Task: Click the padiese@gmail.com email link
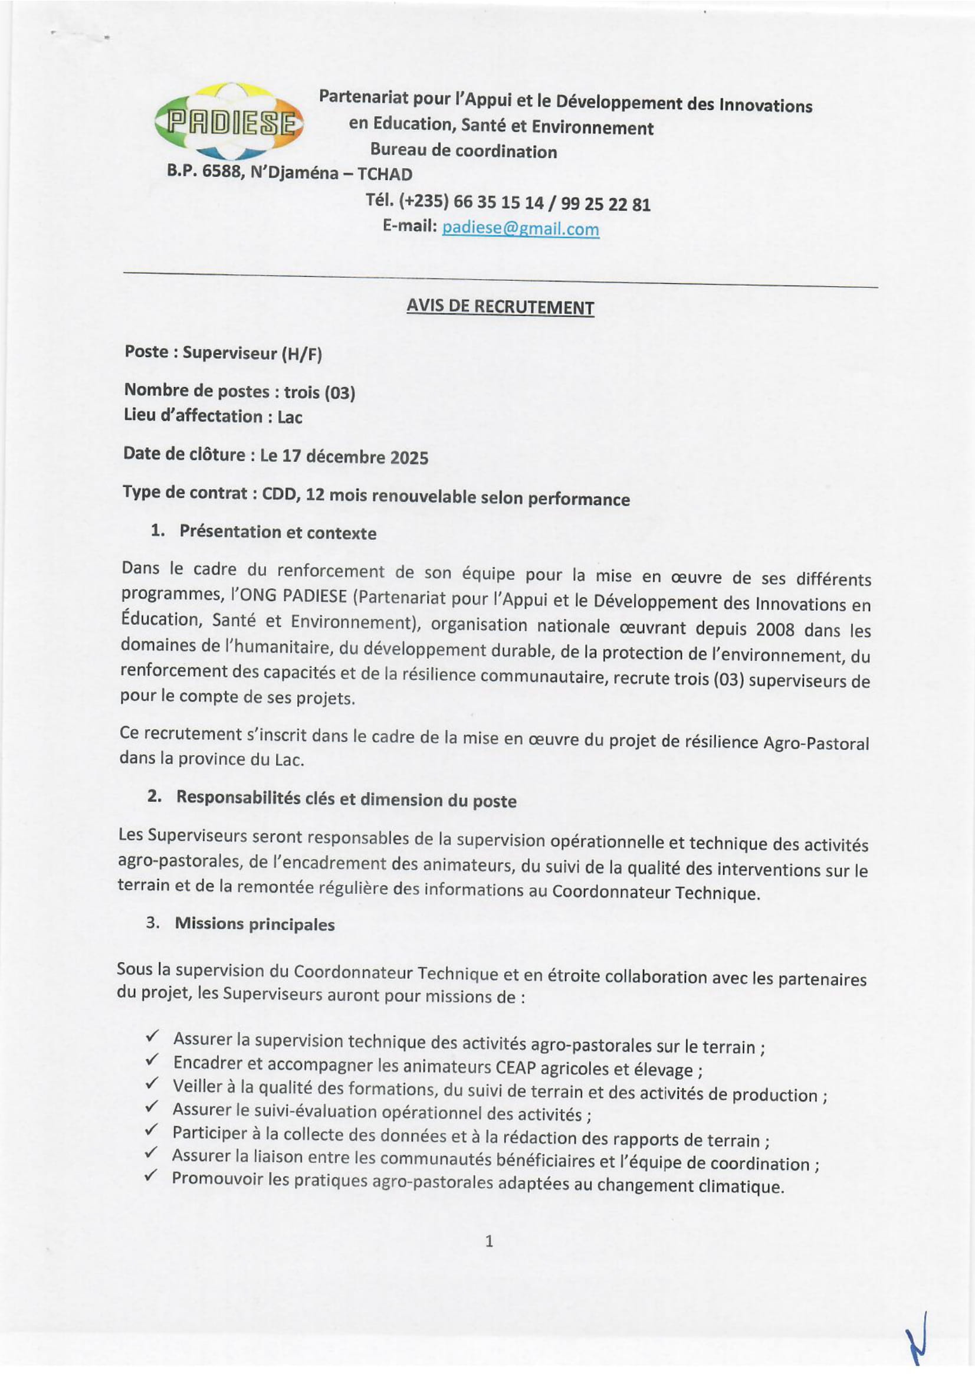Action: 520,228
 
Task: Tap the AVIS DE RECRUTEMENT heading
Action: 500,307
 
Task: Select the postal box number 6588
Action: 222,171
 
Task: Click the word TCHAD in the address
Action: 385,173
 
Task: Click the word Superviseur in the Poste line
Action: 229,353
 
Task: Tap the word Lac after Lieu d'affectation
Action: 290,417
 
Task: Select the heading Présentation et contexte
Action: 278,532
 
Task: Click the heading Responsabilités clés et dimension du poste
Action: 346,799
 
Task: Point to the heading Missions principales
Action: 255,923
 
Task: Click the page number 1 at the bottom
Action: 488,1241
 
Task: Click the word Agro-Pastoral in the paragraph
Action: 816,743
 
